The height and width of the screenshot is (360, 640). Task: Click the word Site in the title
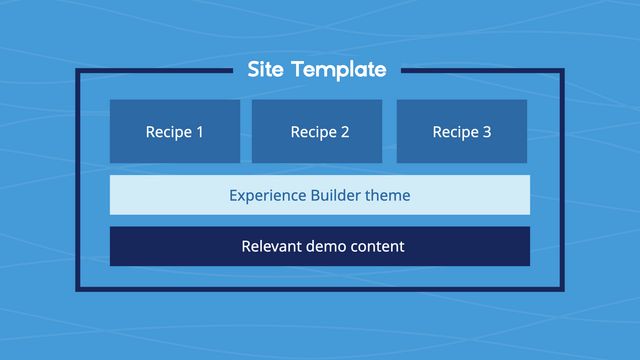(x=267, y=70)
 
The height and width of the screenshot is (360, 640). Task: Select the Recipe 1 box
(x=175, y=131)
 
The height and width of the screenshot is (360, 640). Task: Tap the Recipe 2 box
(x=317, y=131)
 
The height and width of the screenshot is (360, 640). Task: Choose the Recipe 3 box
(x=462, y=131)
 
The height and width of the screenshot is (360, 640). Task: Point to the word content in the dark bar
(x=378, y=246)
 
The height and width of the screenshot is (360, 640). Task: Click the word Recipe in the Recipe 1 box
(x=168, y=132)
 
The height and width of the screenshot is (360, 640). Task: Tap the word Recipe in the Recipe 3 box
(x=455, y=132)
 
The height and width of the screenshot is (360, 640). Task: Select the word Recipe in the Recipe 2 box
(x=313, y=132)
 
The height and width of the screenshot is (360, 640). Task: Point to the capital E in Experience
(x=234, y=195)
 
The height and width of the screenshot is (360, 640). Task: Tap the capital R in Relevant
(x=246, y=246)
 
